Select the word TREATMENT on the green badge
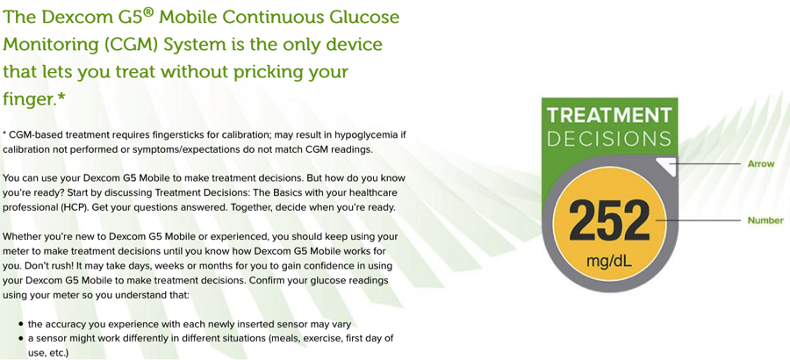tap(609, 115)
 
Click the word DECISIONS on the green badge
tap(609, 139)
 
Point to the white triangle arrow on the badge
tap(669, 165)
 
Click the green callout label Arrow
tap(761, 164)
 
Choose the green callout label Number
tap(765, 220)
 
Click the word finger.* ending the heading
tap(34, 99)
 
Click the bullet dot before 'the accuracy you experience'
tap(21, 324)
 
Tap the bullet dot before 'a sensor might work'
tap(21, 338)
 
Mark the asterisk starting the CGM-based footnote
tap(4, 134)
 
